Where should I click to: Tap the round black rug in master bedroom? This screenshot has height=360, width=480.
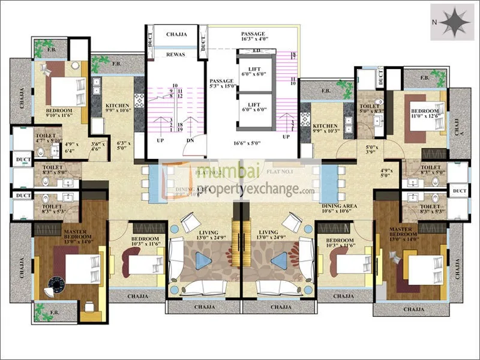tap(57, 284)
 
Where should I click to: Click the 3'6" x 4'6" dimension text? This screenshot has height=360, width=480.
tap(97, 147)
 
